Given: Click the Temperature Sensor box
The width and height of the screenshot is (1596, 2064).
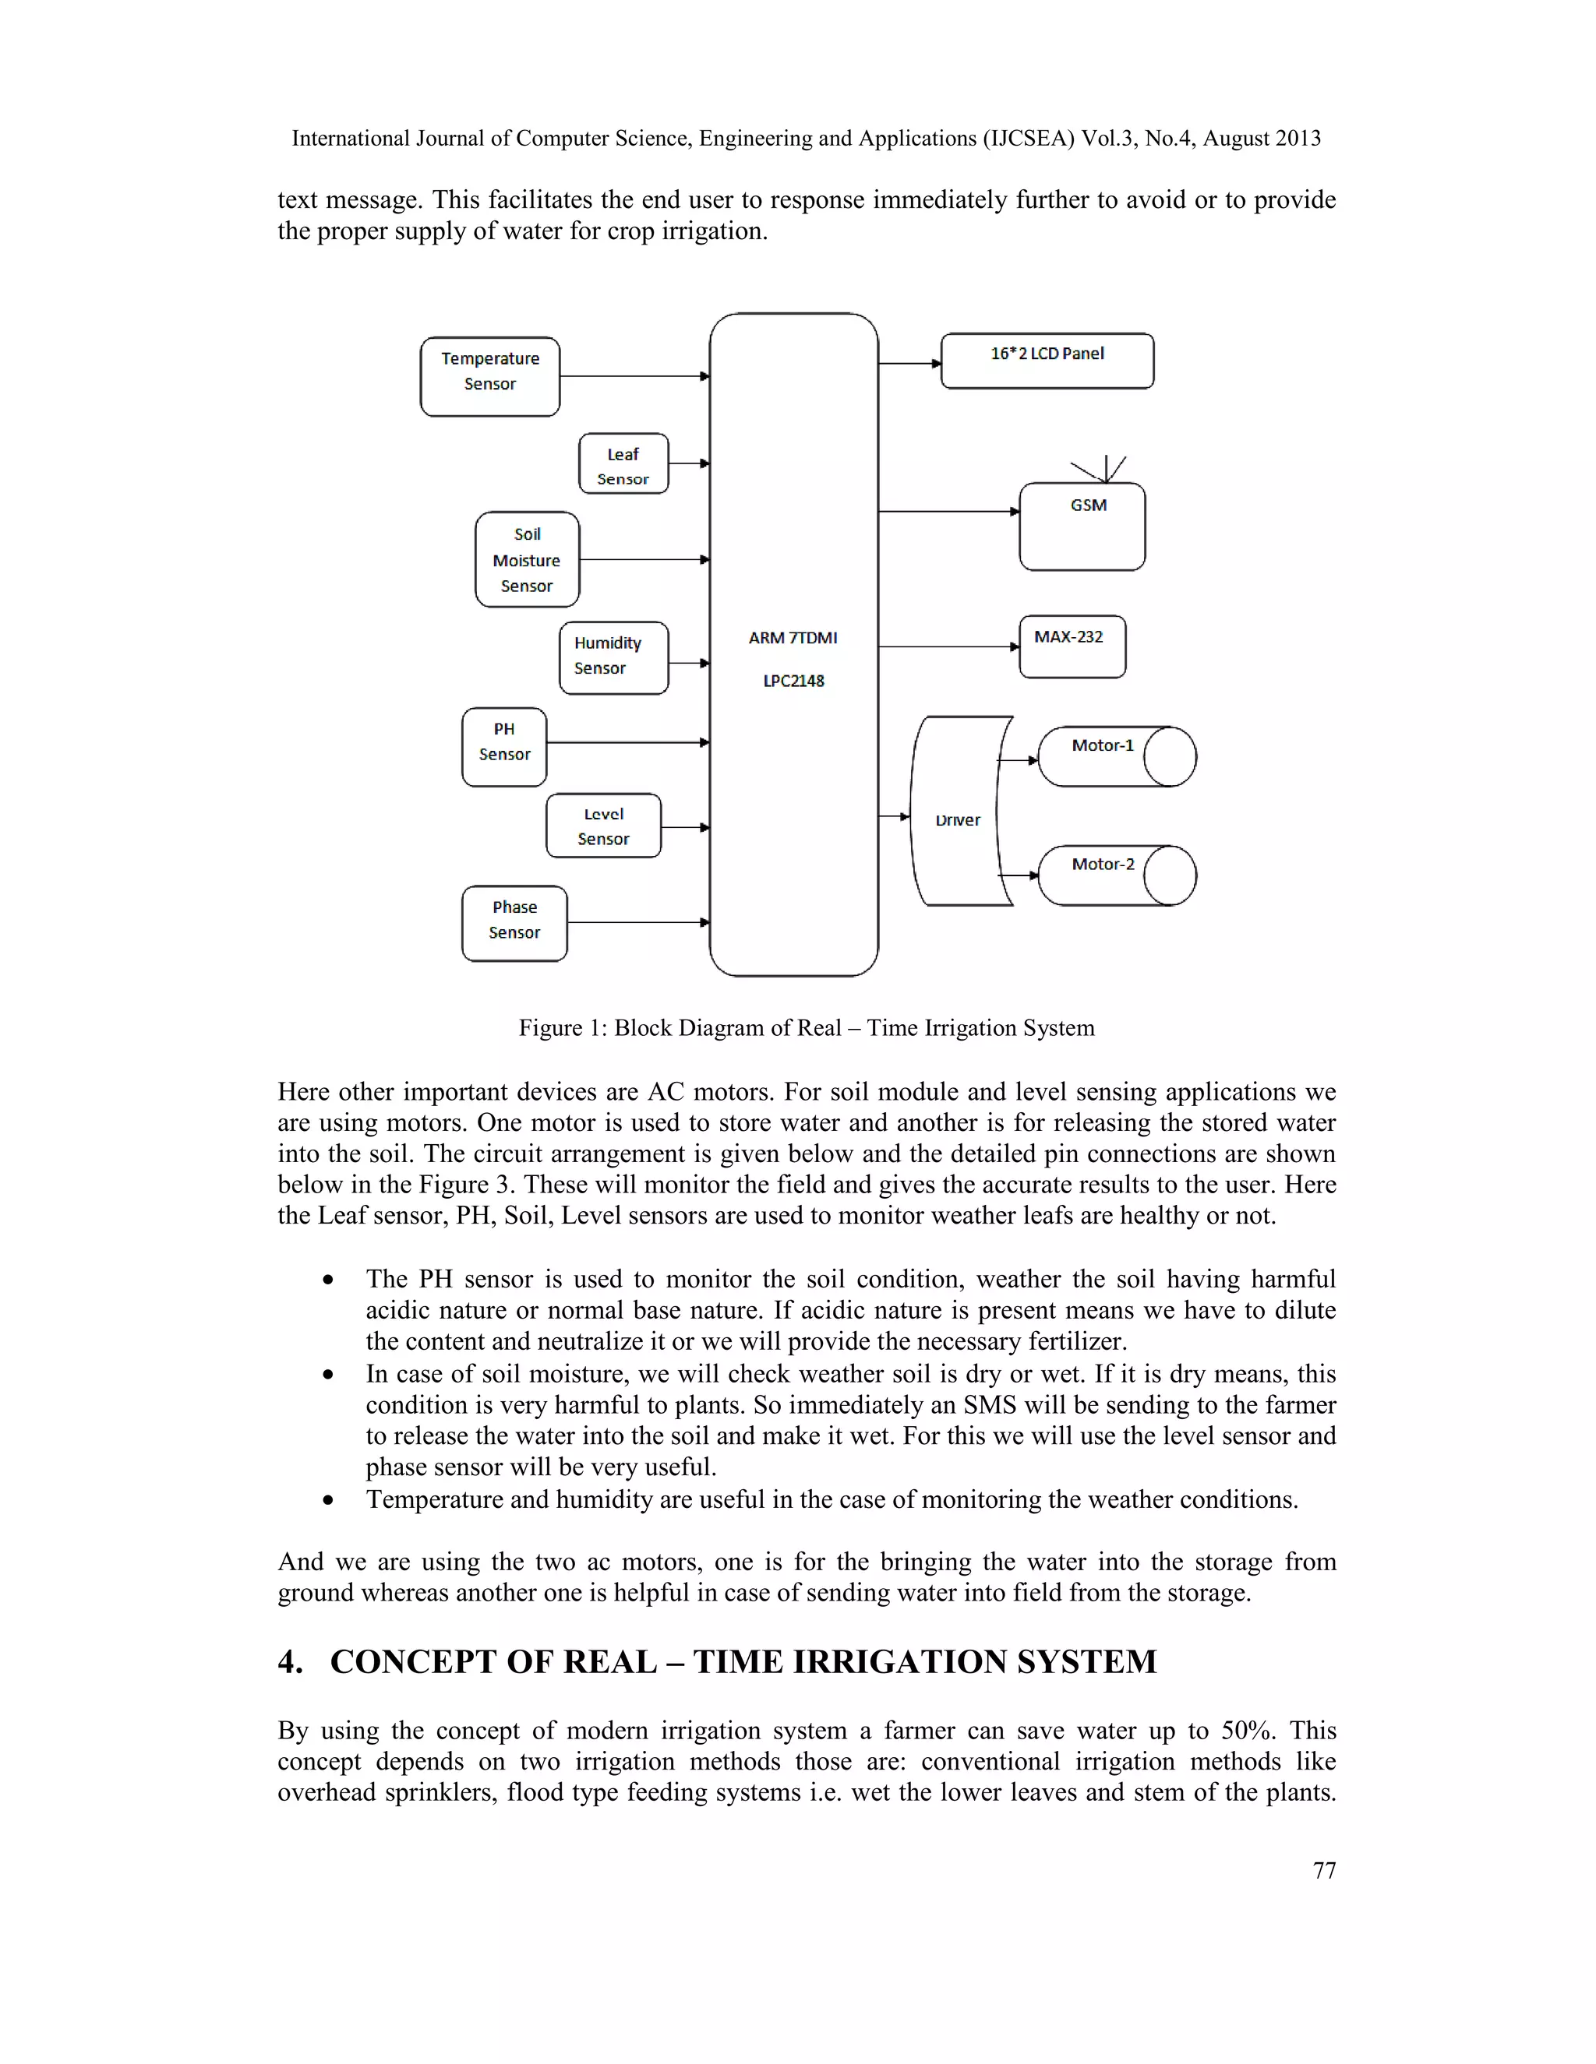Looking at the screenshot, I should (489, 376).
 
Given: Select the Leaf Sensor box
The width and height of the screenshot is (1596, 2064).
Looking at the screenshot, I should (623, 464).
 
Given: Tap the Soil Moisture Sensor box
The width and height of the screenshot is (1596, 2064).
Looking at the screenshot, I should (527, 559).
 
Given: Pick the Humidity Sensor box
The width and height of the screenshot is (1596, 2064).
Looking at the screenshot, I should (613, 658).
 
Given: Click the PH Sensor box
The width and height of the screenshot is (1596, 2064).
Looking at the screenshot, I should (504, 747).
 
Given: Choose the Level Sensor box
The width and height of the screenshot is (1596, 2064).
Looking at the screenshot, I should (603, 826).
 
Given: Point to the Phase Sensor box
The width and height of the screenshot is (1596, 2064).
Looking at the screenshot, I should (514, 923).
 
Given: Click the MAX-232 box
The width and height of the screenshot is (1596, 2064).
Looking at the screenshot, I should (1072, 646).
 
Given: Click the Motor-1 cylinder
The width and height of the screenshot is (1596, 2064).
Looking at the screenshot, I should (1116, 756).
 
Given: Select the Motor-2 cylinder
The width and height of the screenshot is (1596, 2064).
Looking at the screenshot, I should (1116, 875).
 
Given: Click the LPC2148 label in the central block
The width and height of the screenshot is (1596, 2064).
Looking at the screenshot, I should (793, 681).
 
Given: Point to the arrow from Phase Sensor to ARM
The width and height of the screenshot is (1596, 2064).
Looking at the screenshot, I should (638, 922).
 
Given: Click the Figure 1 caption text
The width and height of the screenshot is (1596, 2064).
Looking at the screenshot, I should (806, 1027).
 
